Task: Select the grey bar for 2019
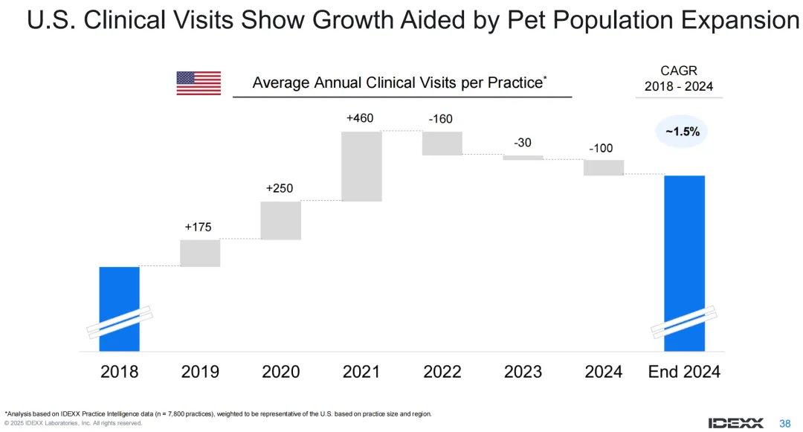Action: [x=200, y=253]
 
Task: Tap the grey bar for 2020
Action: [x=280, y=220]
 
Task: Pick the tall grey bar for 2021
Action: [x=361, y=166]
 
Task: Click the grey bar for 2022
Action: [x=442, y=143]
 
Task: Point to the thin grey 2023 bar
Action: [x=523, y=158]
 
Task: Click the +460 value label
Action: [x=361, y=118]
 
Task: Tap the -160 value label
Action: [x=440, y=119]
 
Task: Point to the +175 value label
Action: [x=199, y=227]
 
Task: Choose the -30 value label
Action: [x=523, y=143]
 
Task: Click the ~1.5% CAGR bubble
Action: [x=682, y=132]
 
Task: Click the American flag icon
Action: [x=199, y=83]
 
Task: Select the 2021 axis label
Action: [x=361, y=371]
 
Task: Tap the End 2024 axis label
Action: [x=684, y=371]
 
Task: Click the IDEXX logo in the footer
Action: [x=735, y=422]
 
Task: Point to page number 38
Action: [x=784, y=423]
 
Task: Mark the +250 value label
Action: [x=280, y=189]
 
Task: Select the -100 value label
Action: [x=601, y=149]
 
